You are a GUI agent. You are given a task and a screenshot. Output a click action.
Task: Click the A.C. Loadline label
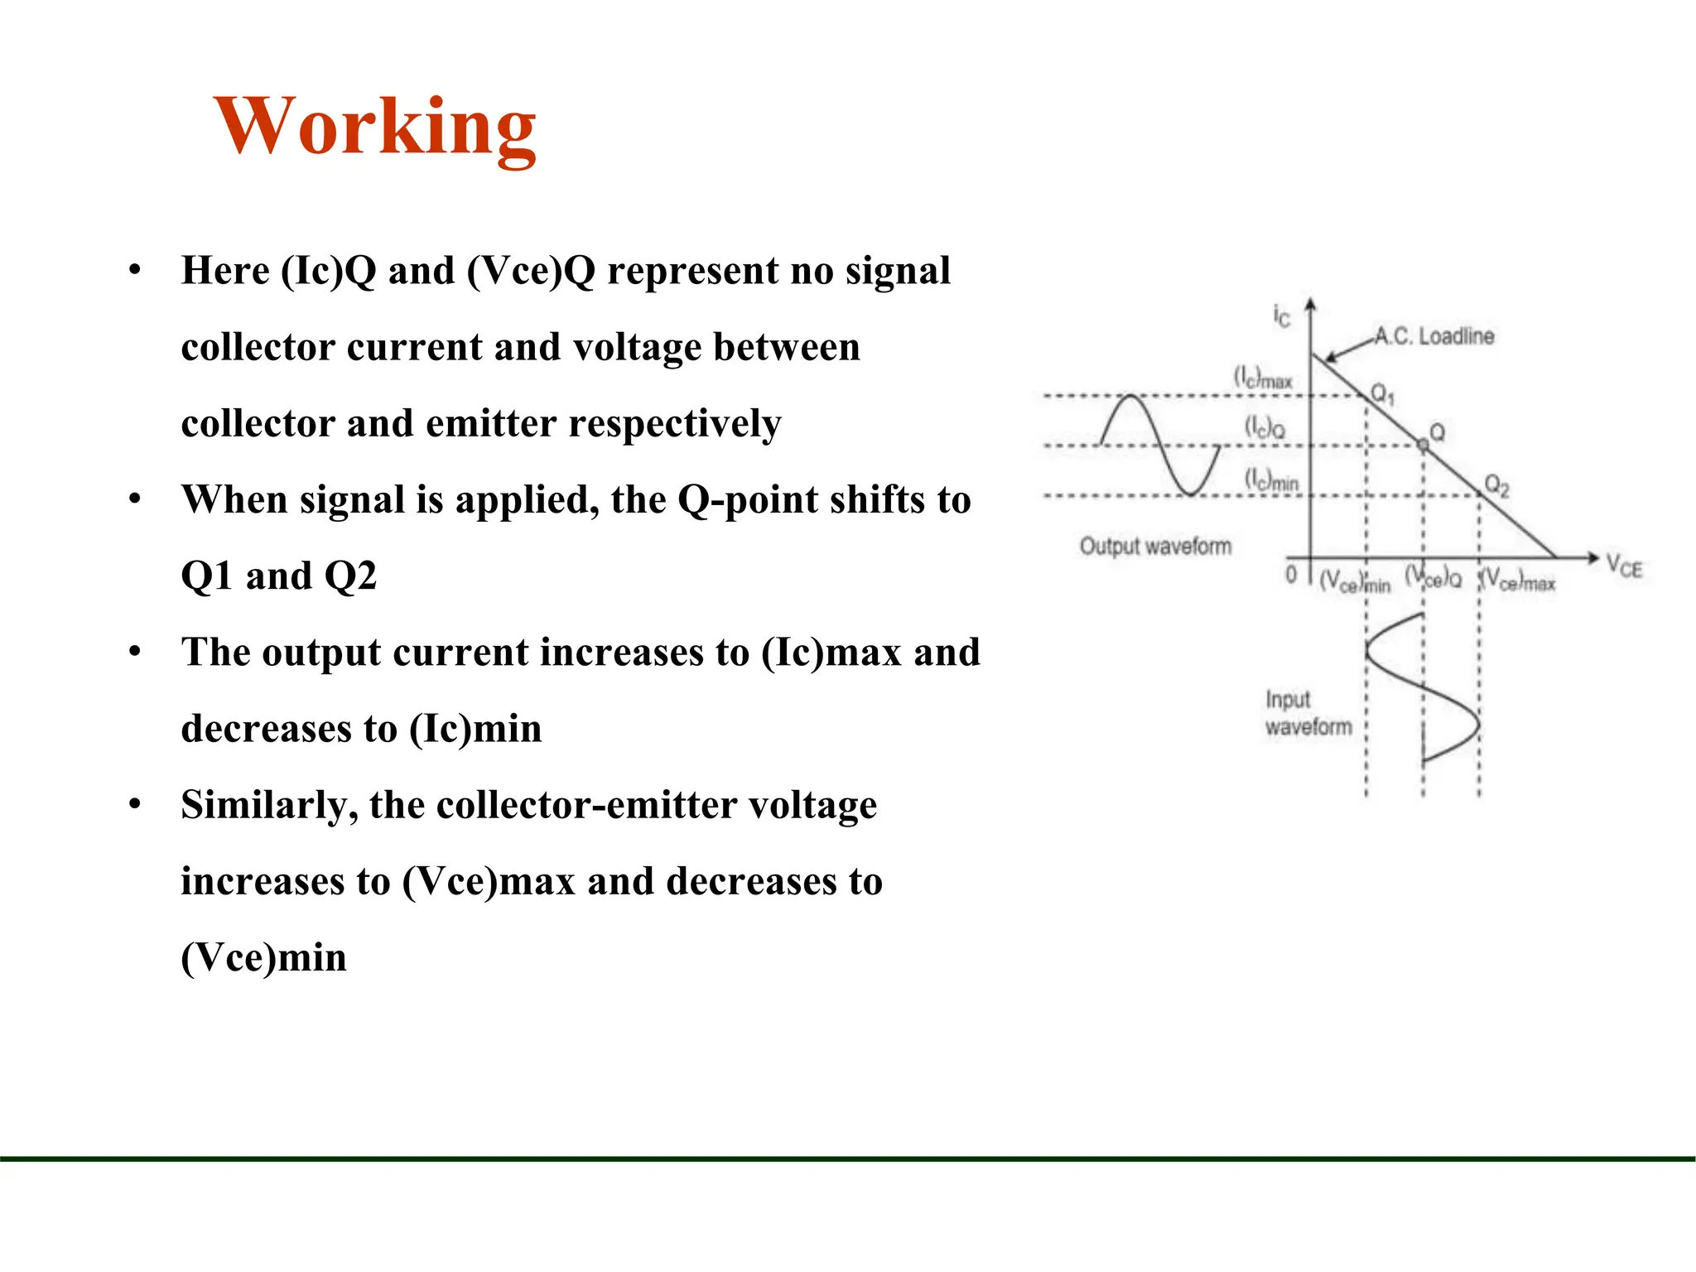pos(1434,336)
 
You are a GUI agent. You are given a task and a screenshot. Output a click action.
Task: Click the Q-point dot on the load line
pos(1423,446)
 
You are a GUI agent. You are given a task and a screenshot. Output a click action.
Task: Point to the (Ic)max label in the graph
pos(1263,378)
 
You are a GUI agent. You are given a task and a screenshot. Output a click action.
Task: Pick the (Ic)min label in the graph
pos(1272,480)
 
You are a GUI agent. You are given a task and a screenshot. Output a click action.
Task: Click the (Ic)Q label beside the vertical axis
pos(1265,427)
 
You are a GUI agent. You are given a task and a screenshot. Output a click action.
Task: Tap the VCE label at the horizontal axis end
pos(1624,566)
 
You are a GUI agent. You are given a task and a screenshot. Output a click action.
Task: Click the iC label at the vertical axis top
pos(1281,316)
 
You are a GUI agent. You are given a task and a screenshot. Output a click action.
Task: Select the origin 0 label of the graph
pos(1291,574)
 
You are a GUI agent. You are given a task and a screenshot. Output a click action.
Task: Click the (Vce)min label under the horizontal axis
pos(1355,581)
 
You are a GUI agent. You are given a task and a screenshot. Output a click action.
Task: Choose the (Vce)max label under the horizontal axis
pos(1518,581)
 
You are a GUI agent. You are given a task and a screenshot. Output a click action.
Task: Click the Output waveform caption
pos(1155,547)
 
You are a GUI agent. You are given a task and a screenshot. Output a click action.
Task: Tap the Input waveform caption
pos(1308,713)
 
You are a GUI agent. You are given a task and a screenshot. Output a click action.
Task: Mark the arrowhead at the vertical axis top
pos(1310,304)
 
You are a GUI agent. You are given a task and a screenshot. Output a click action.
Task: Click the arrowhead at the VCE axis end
pos(1592,558)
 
